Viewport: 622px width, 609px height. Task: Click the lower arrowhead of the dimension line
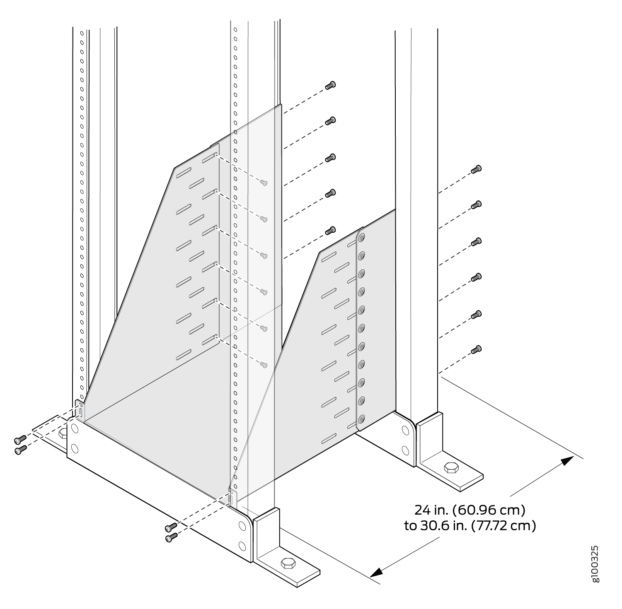[377, 572]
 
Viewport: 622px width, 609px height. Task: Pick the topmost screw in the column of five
[330, 85]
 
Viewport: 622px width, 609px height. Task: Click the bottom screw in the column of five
[330, 230]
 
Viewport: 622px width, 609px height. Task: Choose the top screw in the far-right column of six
[477, 169]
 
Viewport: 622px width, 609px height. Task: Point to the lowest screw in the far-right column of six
[477, 349]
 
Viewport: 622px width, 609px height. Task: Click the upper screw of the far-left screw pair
[20, 439]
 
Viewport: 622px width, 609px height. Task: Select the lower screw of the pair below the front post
[171, 538]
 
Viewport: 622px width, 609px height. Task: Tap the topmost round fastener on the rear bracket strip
[362, 238]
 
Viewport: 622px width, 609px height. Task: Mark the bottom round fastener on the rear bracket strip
[362, 419]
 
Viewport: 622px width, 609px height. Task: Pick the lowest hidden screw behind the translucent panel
[263, 365]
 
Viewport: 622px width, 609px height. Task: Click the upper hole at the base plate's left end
[75, 427]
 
